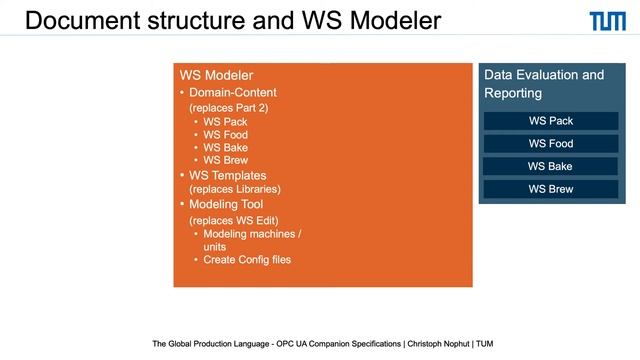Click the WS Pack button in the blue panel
pos(550,121)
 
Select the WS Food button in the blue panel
pos(550,144)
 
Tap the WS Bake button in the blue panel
pos(550,166)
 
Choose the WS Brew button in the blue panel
pos(550,189)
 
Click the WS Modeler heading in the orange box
pos(216,76)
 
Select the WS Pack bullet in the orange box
pos(225,122)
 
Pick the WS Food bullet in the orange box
pos(225,135)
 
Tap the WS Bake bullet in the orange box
pos(225,148)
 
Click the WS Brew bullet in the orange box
pos(225,160)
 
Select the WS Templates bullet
pos(234,175)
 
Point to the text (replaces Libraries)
pos(235,189)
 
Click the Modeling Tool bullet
pos(231,204)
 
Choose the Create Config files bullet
pos(247,260)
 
